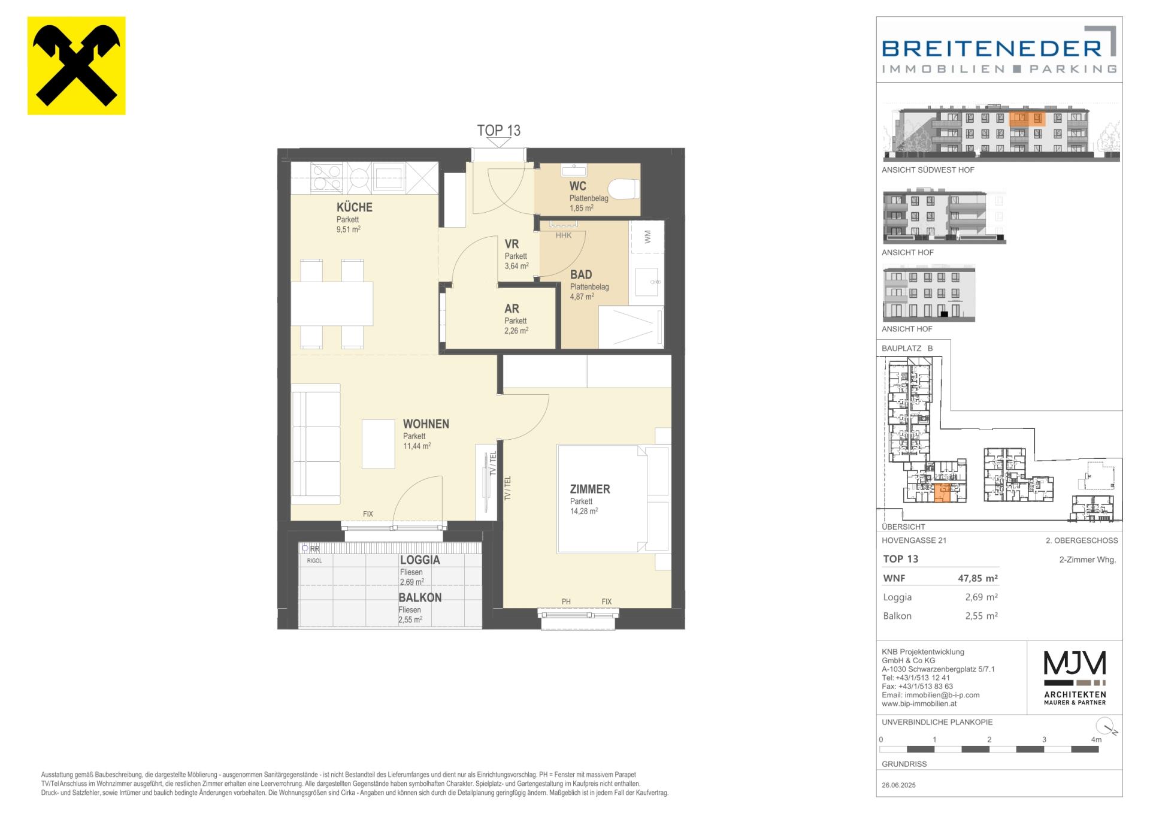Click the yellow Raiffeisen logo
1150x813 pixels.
[x=76, y=65]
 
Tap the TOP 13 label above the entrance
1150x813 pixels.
[x=498, y=130]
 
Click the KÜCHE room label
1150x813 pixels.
[x=355, y=207]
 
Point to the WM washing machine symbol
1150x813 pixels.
[x=647, y=237]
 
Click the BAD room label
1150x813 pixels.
[x=581, y=274]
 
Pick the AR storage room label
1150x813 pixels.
[x=512, y=309]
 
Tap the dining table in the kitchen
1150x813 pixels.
[x=332, y=303]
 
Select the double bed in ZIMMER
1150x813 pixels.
[x=602, y=498]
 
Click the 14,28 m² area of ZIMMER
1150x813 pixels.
[x=584, y=512]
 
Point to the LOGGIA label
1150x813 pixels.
[x=420, y=560]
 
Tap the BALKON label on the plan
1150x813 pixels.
[x=420, y=598]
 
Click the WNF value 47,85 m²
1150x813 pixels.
[x=978, y=578]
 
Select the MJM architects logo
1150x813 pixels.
[x=1075, y=678]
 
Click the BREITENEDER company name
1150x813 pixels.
[x=992, y=47]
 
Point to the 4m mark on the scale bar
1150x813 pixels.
[x=1096, y=740]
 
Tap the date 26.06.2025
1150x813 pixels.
[x=898, y=785]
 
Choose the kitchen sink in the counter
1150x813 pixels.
[x=388, y=178]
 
